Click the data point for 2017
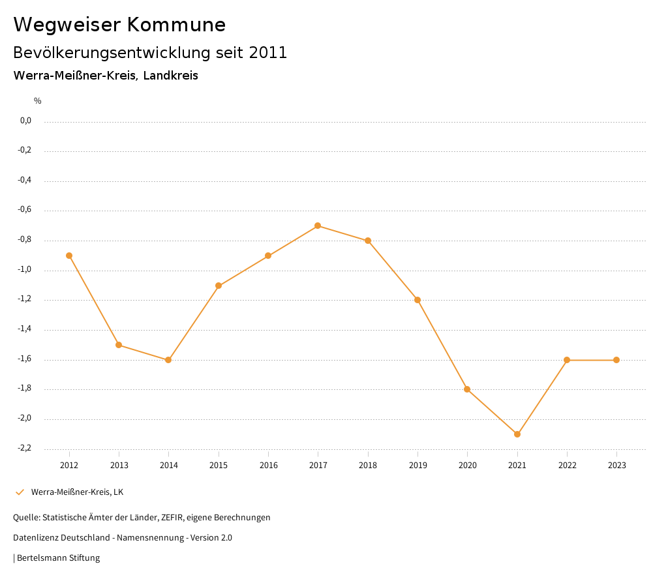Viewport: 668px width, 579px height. click(x=318, y=226)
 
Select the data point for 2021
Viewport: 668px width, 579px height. click(x=517, y=434)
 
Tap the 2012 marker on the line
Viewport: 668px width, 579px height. click(x=69, y=256)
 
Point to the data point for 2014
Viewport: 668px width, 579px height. click(x=168, y=360)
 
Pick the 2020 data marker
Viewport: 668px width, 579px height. click(x=467, y=389)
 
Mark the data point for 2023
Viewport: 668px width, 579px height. click(x=616, y=360)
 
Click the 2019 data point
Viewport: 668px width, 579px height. click(x=417, y=300)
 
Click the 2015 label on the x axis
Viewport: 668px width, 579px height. click(x=219, y=466)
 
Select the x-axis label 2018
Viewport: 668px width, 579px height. click(x=368, y=466)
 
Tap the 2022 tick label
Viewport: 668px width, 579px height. click(x=567, y=466)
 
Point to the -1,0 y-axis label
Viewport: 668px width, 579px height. click(x=25, y=270)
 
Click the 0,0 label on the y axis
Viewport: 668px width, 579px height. click(x=26, y=121)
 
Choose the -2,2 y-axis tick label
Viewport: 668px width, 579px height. click(x=25, y=449)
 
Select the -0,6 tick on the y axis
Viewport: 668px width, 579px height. click(x=25, y=210)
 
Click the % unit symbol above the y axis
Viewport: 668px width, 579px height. click(x=38, y=101)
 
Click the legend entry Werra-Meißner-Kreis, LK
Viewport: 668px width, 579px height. click(x=77, y=492)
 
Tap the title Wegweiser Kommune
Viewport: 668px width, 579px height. click(x=119, y=25)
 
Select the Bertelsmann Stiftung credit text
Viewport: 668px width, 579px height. click(x=58, y=558)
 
